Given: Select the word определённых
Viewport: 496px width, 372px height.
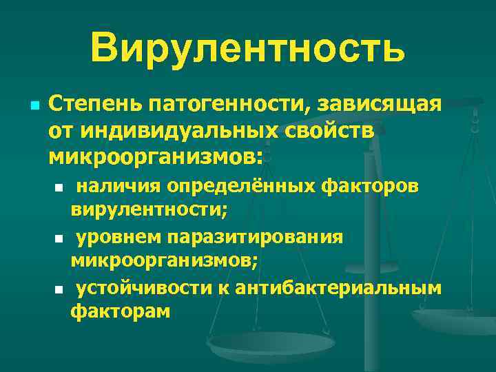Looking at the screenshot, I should (x=242, y=186).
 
